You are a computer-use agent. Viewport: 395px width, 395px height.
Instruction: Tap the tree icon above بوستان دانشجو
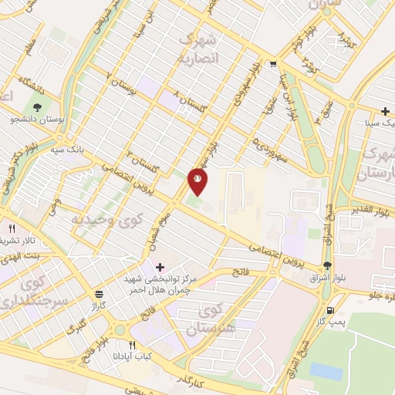37,106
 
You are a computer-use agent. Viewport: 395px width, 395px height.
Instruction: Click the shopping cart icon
273,65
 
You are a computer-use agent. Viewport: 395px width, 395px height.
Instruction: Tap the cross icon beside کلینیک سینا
385,112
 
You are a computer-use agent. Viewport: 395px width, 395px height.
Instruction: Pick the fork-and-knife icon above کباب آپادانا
132,345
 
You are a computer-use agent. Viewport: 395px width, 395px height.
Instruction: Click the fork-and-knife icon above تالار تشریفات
12,229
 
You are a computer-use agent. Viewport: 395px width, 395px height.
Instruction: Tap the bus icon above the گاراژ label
99,294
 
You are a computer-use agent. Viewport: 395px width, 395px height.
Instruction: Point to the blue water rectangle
326,371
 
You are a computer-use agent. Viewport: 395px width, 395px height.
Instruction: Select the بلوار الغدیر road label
373,209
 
